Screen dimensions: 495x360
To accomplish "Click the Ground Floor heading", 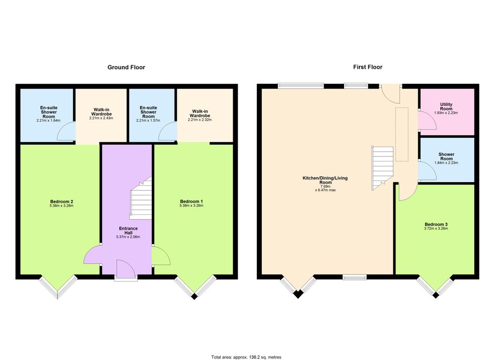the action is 126,67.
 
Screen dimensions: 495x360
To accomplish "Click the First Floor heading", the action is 368,67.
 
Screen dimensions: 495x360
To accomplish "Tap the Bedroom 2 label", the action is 61,202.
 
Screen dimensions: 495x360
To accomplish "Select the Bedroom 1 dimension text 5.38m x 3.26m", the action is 192,206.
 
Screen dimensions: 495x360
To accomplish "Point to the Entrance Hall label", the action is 128,231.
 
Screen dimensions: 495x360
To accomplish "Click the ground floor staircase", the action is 141,198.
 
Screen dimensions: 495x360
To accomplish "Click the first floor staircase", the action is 382,168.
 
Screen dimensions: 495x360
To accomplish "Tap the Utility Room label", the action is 446,106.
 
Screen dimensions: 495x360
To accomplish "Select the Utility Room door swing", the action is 427,120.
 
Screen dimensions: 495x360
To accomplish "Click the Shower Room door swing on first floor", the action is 427,170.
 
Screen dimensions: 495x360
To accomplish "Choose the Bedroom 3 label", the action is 436,224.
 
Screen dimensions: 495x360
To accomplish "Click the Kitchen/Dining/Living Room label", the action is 325,180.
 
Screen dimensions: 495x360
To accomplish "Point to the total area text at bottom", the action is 246,357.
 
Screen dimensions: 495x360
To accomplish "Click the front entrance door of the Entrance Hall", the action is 126,269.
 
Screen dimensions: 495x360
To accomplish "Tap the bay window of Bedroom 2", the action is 58,287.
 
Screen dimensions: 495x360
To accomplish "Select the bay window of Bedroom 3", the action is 436,287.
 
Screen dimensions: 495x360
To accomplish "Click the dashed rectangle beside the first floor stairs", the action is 402,135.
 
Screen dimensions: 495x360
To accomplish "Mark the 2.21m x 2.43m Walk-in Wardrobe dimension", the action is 101,118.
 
